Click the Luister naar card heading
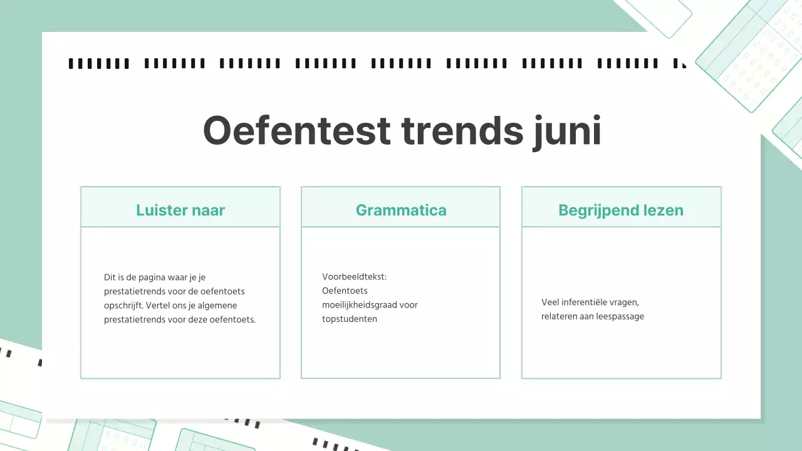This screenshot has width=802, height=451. pos(180,210)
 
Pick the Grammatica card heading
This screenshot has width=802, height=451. pos(401,210)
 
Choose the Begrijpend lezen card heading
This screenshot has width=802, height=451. pos(621,210)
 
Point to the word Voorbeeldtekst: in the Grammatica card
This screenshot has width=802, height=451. pos(355,276)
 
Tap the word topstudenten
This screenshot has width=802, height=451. pos(350,319)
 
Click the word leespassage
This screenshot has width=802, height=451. pos(620,316)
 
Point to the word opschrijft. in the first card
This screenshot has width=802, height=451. pos(124,306)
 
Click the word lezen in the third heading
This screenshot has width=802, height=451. pos(665,210)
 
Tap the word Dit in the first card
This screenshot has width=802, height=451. pos(110,277)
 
